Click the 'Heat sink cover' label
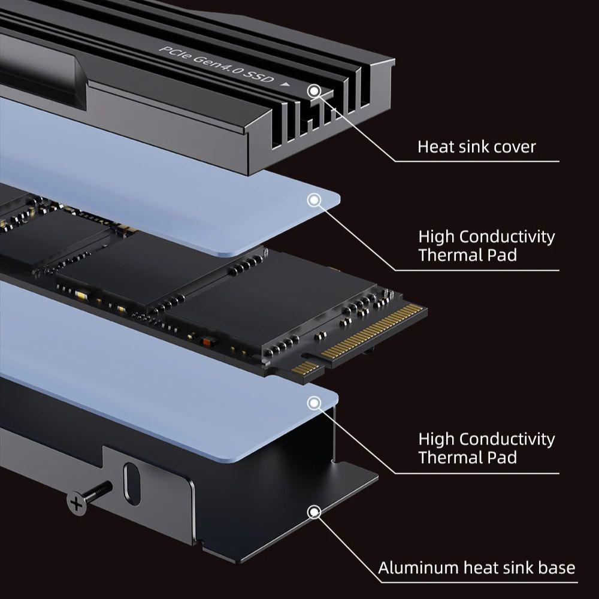tap(476, 147)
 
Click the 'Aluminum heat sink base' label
tap(476, 568)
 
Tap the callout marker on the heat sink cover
tap(314, 91)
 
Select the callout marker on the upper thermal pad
tap(314, 200)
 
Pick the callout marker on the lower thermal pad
tap(314, 403)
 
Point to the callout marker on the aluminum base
tap(314, 512)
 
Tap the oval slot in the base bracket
tap(132, 484)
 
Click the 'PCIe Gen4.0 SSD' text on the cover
tap(217, 64)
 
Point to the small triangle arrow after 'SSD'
tap(285, 84)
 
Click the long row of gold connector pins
tap(372, 331)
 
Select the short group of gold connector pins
tap(305, 368)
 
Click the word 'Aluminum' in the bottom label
tap(418, 568)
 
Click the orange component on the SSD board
tap(206, 341)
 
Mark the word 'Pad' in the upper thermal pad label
tap(503, 255)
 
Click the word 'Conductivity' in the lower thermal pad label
tap(507, 439)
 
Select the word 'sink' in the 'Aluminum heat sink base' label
tap(518, 568)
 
